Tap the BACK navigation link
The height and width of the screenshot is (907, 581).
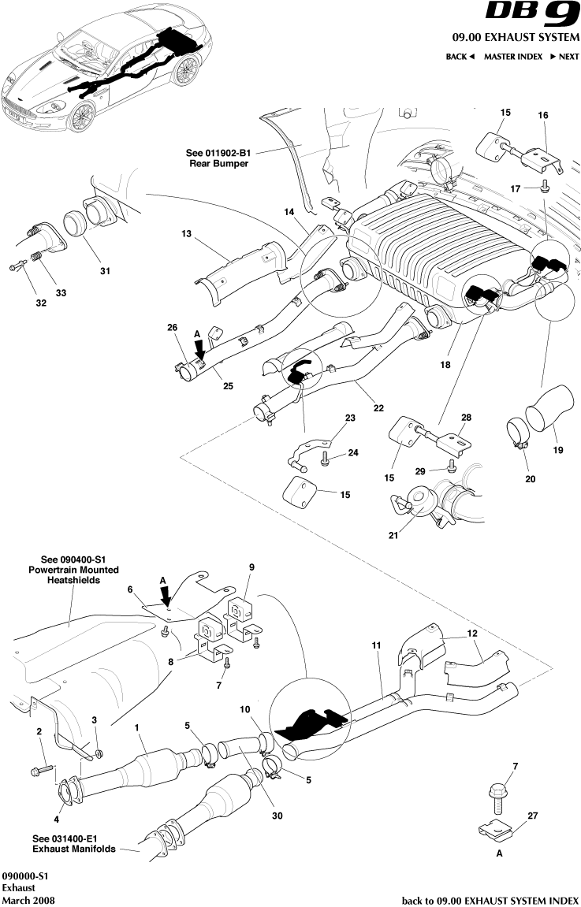(x=460, y=57)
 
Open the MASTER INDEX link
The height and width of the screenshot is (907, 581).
(x=512, y=57)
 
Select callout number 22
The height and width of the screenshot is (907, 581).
(x=378, y=407)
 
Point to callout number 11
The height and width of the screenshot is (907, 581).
(x=376, y=645)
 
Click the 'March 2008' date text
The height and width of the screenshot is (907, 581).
(x=28, y=900)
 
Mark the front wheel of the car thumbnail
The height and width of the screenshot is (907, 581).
(x=81, y=117)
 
